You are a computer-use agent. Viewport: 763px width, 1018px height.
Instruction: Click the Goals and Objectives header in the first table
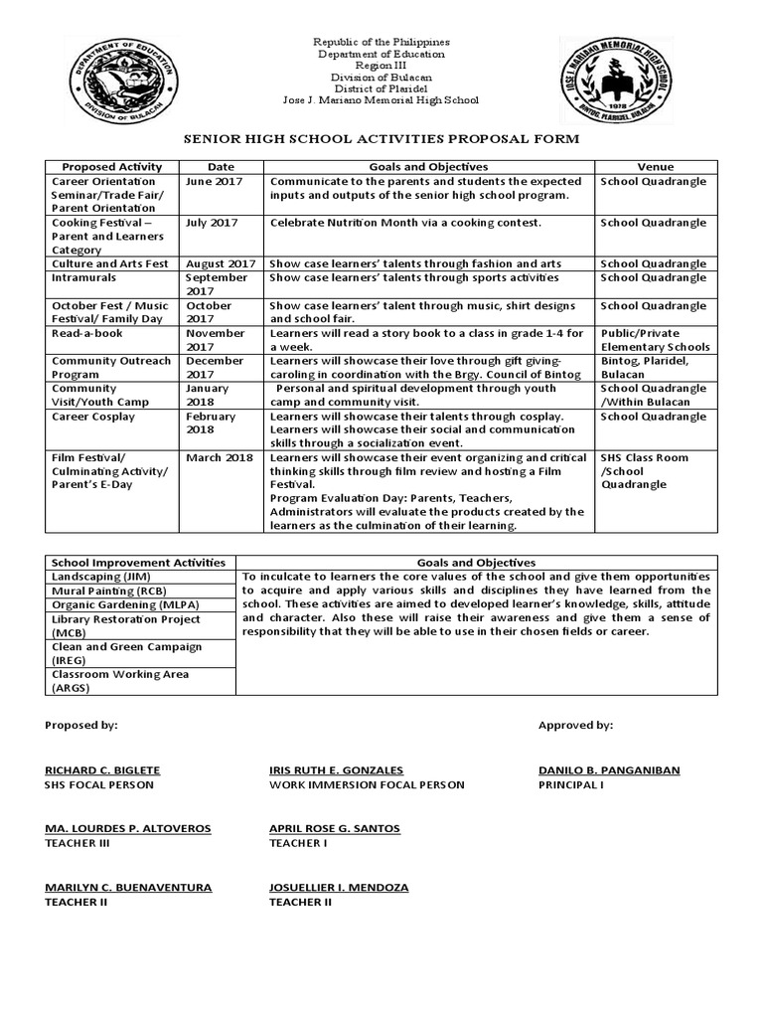pos(428,167)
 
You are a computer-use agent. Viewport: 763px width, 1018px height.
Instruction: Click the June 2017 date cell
pos(211,182)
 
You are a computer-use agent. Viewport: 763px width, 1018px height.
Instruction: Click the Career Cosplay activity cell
pos(93,417)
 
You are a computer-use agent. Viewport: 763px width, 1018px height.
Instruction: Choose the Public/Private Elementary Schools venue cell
pos(655,340)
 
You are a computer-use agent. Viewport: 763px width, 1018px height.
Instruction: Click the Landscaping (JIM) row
pos(95,577)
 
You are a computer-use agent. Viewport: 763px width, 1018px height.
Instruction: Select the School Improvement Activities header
pos(138,563)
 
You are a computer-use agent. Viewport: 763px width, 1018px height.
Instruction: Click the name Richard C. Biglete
pos(102,770)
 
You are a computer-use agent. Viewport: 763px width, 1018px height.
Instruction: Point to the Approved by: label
pos(575,726)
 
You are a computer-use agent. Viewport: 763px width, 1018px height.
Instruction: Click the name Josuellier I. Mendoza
pos(338,887)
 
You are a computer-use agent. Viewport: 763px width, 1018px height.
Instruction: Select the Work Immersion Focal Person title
pos(367,785)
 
